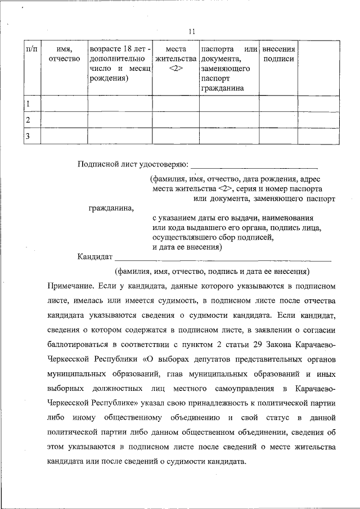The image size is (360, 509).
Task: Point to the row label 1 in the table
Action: pos(28,103)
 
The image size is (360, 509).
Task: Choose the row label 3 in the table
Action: pos(28,136)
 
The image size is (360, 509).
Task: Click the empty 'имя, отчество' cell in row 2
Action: pos(65,120)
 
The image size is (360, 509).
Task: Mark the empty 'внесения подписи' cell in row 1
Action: pos(279,103)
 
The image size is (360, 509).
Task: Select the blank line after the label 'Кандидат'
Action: pos(223,259)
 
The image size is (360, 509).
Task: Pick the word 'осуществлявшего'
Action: pos(181,237)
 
